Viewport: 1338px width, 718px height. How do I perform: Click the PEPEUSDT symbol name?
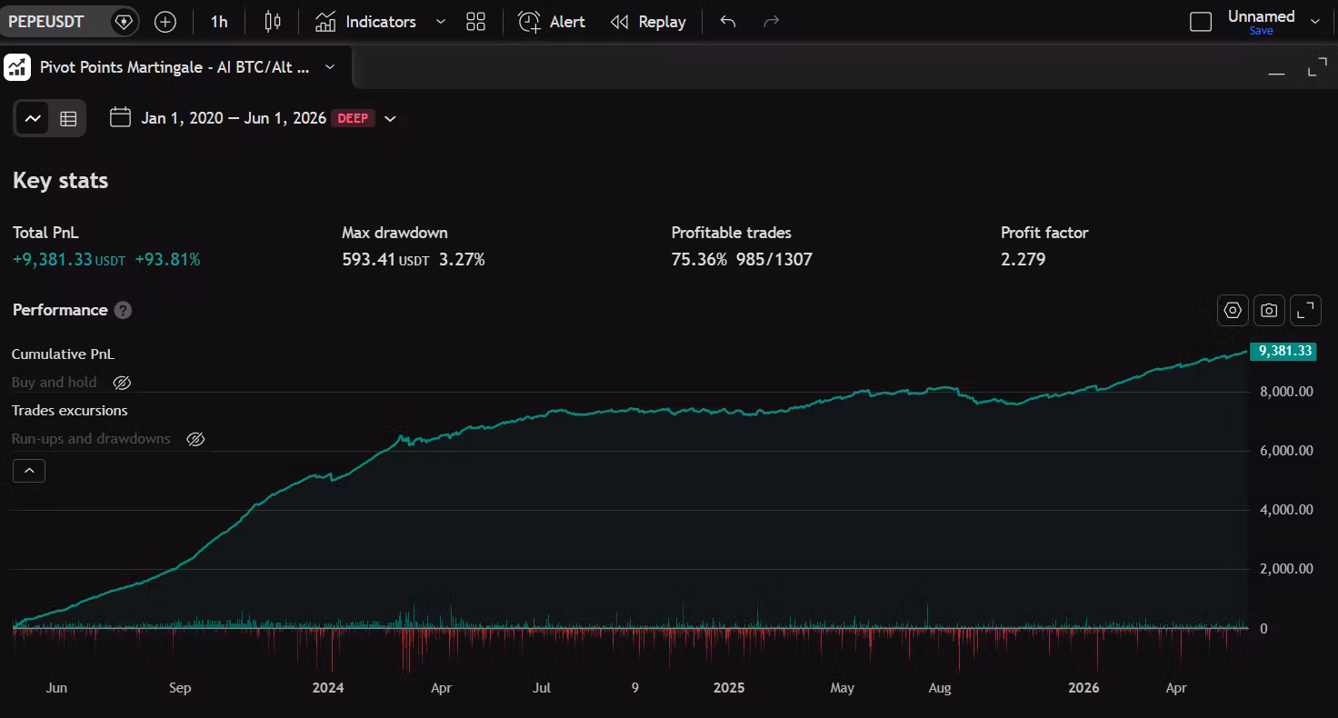pos(46,22)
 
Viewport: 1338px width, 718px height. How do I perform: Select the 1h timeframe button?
pos(219,22)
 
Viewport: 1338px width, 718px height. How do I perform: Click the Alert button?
pos(552,22)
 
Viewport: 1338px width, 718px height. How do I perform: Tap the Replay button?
pos(648,22)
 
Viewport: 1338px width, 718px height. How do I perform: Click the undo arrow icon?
pos(727,22)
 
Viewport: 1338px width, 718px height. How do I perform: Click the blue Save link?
pos(1261,31)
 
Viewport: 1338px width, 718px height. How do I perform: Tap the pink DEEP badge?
pos(353,118)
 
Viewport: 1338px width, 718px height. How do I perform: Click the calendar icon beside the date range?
pos(120,117)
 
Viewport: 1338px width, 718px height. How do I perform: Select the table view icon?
pos(68,118)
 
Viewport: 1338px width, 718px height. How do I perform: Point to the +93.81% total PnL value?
pos(168,259)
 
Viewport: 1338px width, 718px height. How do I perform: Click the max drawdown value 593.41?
pos(368,259)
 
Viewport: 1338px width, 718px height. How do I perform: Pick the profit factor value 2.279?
pos(1023,259)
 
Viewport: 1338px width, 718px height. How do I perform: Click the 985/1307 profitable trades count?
pos(774,259)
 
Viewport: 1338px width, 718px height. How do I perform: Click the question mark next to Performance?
pos(123,310)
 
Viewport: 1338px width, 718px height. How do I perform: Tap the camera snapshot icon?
pos(1269,310)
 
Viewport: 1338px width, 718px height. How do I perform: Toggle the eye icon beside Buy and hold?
pos(122,383)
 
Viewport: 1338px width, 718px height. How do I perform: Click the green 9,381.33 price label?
pos(1283,351)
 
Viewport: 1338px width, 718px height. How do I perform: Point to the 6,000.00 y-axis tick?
pos(1286,451)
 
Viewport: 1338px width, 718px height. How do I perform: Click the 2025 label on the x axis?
pos(729,687)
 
